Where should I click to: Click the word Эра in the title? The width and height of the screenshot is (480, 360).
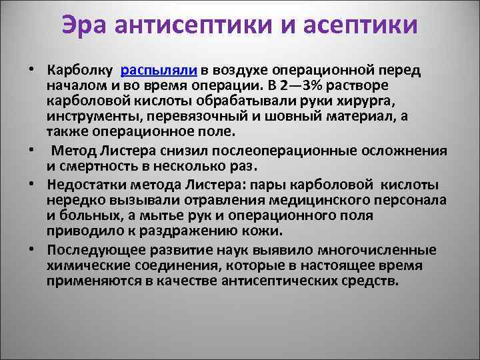pyautogui.click(x=87, y=25)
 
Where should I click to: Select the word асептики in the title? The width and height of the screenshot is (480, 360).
pyautogui.click(x=362, y=25)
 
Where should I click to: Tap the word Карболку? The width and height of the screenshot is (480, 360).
pyautogui.click(x=80, y=70)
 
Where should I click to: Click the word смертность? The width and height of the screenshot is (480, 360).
pyautogui.click(x=95, y=162)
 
